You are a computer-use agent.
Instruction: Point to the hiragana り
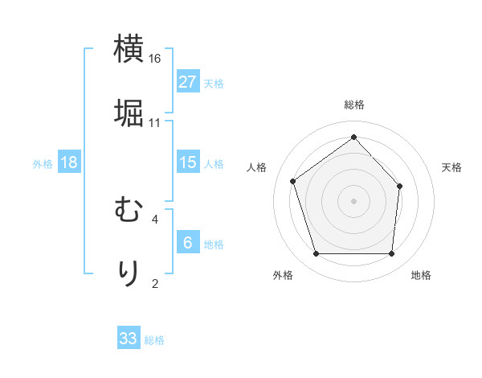tap(129, 273)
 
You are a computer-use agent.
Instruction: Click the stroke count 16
tap(155, 59)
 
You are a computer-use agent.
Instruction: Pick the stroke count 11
tap(155, 122)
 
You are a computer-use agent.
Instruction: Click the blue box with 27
tap(188, 82)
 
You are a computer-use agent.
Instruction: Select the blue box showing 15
tap(188, 162)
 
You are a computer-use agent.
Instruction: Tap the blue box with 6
tap(188, 243)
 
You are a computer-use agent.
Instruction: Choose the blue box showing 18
tap(69, 162)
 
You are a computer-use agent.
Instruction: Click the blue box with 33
tap(129, 339)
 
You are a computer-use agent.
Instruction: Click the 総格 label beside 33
tap(154, 340)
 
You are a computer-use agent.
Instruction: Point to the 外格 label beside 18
tap(43, 164)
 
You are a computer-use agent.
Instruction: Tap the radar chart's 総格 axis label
tap(353, 105)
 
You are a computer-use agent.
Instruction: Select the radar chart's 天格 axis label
tap(451, 167)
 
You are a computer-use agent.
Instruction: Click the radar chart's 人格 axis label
tap(257, 167)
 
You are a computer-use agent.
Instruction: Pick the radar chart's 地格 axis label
tap(421, 275)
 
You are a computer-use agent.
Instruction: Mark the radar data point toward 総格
tap(353, 137)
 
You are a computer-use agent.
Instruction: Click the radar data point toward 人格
tap(293, 181)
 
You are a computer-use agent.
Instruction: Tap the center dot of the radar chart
tap(353, 200)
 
